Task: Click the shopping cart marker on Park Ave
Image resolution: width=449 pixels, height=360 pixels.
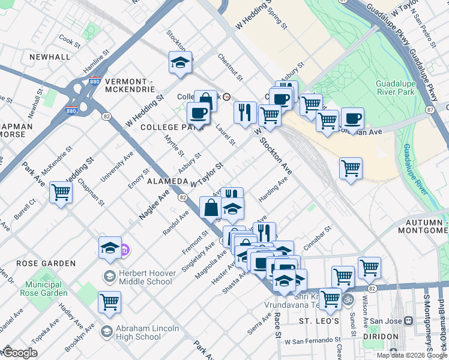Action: (x=61, y=193)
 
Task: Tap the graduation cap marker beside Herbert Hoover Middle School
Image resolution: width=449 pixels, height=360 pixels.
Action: (x=110, y=248)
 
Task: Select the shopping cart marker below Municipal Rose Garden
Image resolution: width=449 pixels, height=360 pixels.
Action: (x=109, y=302)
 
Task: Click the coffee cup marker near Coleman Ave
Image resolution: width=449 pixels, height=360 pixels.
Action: (x=353, y=118)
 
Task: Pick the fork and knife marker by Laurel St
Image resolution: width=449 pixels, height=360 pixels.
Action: (x=244, y=112)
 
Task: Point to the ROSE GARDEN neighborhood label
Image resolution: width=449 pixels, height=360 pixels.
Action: (x=46, y=263)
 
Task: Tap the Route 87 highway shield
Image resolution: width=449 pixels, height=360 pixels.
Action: (x=430, y=110)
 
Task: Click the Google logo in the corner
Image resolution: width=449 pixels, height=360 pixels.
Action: (x=20, y=352)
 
